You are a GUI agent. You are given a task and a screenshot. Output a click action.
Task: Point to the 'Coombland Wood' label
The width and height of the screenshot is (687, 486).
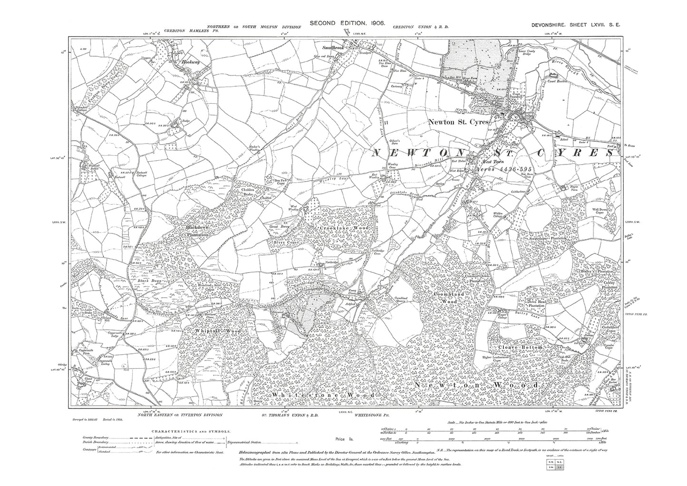pos(445,298)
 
